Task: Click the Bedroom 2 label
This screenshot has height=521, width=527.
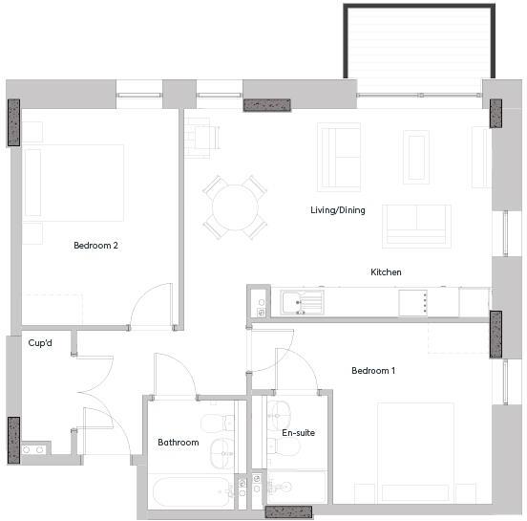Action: click(x=95, y=246)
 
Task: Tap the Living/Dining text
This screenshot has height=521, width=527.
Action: click(x=337, y=210)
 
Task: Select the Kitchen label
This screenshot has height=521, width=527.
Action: click(x=386, y=272)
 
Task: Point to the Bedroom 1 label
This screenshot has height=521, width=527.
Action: click(x=372, y=371)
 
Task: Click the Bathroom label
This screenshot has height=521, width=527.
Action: click(x=178, y=443)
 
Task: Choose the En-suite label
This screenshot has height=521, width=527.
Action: click(x=298, y=433)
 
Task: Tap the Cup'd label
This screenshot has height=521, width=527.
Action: click(x=40, y=342)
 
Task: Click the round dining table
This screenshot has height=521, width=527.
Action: click(x=234, y=206)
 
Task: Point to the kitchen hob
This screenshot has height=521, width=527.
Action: click(x=415, y=302)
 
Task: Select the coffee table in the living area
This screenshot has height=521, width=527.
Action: click(x=416, y=156)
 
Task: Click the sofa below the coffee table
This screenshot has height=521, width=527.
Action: click(x=416, y=226)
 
